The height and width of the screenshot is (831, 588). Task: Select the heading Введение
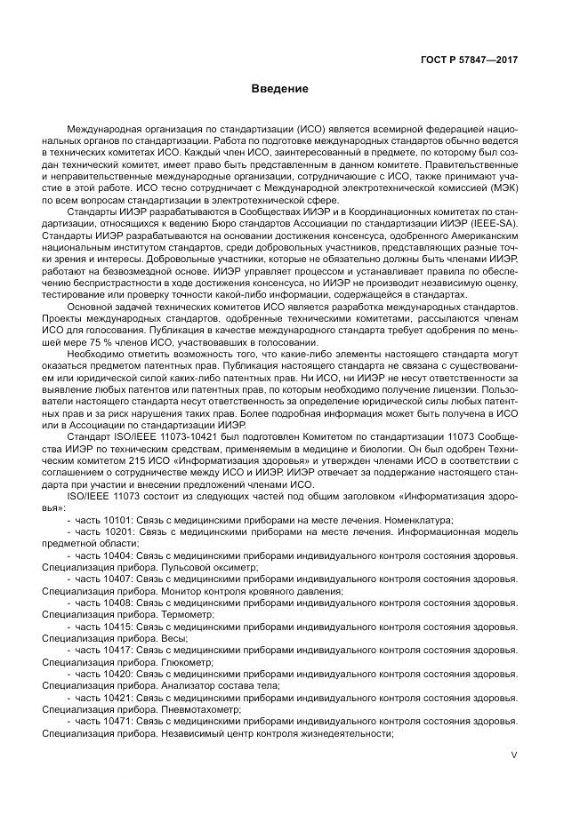[278, 89]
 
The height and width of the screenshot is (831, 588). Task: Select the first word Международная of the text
[106, 129]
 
